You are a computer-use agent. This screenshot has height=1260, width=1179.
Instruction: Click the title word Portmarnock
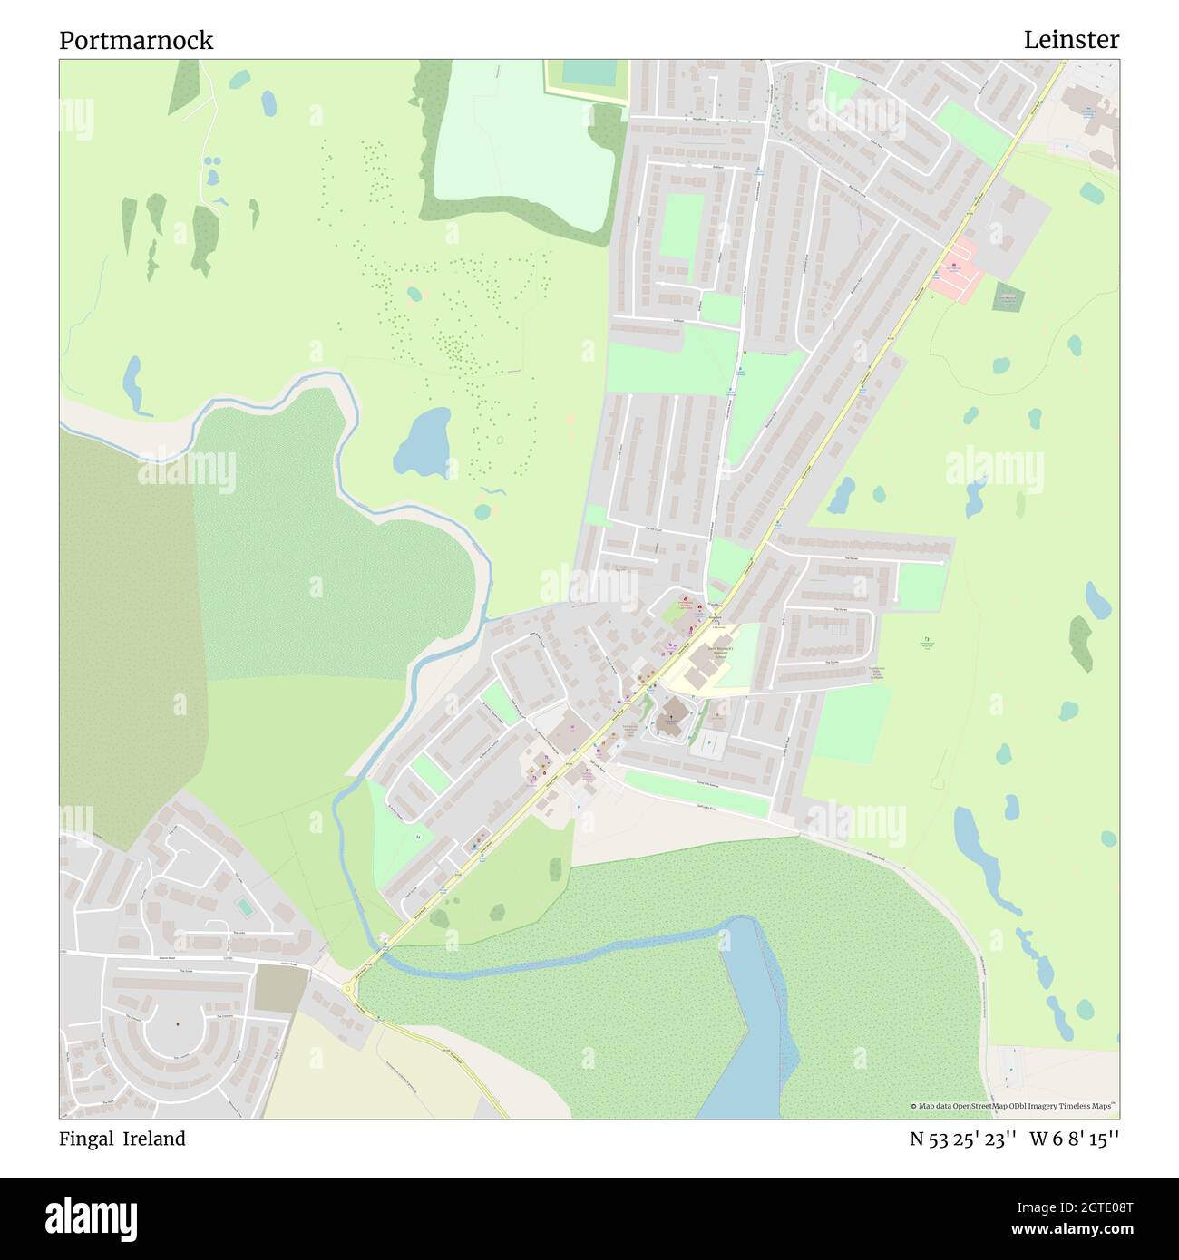[x=136, y=41]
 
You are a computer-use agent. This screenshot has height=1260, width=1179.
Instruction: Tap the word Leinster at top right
[x=1071, y=41]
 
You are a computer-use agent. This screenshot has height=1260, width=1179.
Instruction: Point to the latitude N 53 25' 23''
[x=962, y=1139]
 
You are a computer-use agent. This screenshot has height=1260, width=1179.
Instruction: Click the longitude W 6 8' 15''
[x=1074, y=1139]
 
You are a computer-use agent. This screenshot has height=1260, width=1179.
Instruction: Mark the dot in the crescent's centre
[x=178, y=1023]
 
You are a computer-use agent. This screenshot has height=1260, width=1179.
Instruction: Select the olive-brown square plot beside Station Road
[x=281, y=988]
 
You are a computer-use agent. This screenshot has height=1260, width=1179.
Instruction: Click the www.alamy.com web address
[x=1066, y=1230]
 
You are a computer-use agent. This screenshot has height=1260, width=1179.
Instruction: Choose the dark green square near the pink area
[x=1008, y=297]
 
